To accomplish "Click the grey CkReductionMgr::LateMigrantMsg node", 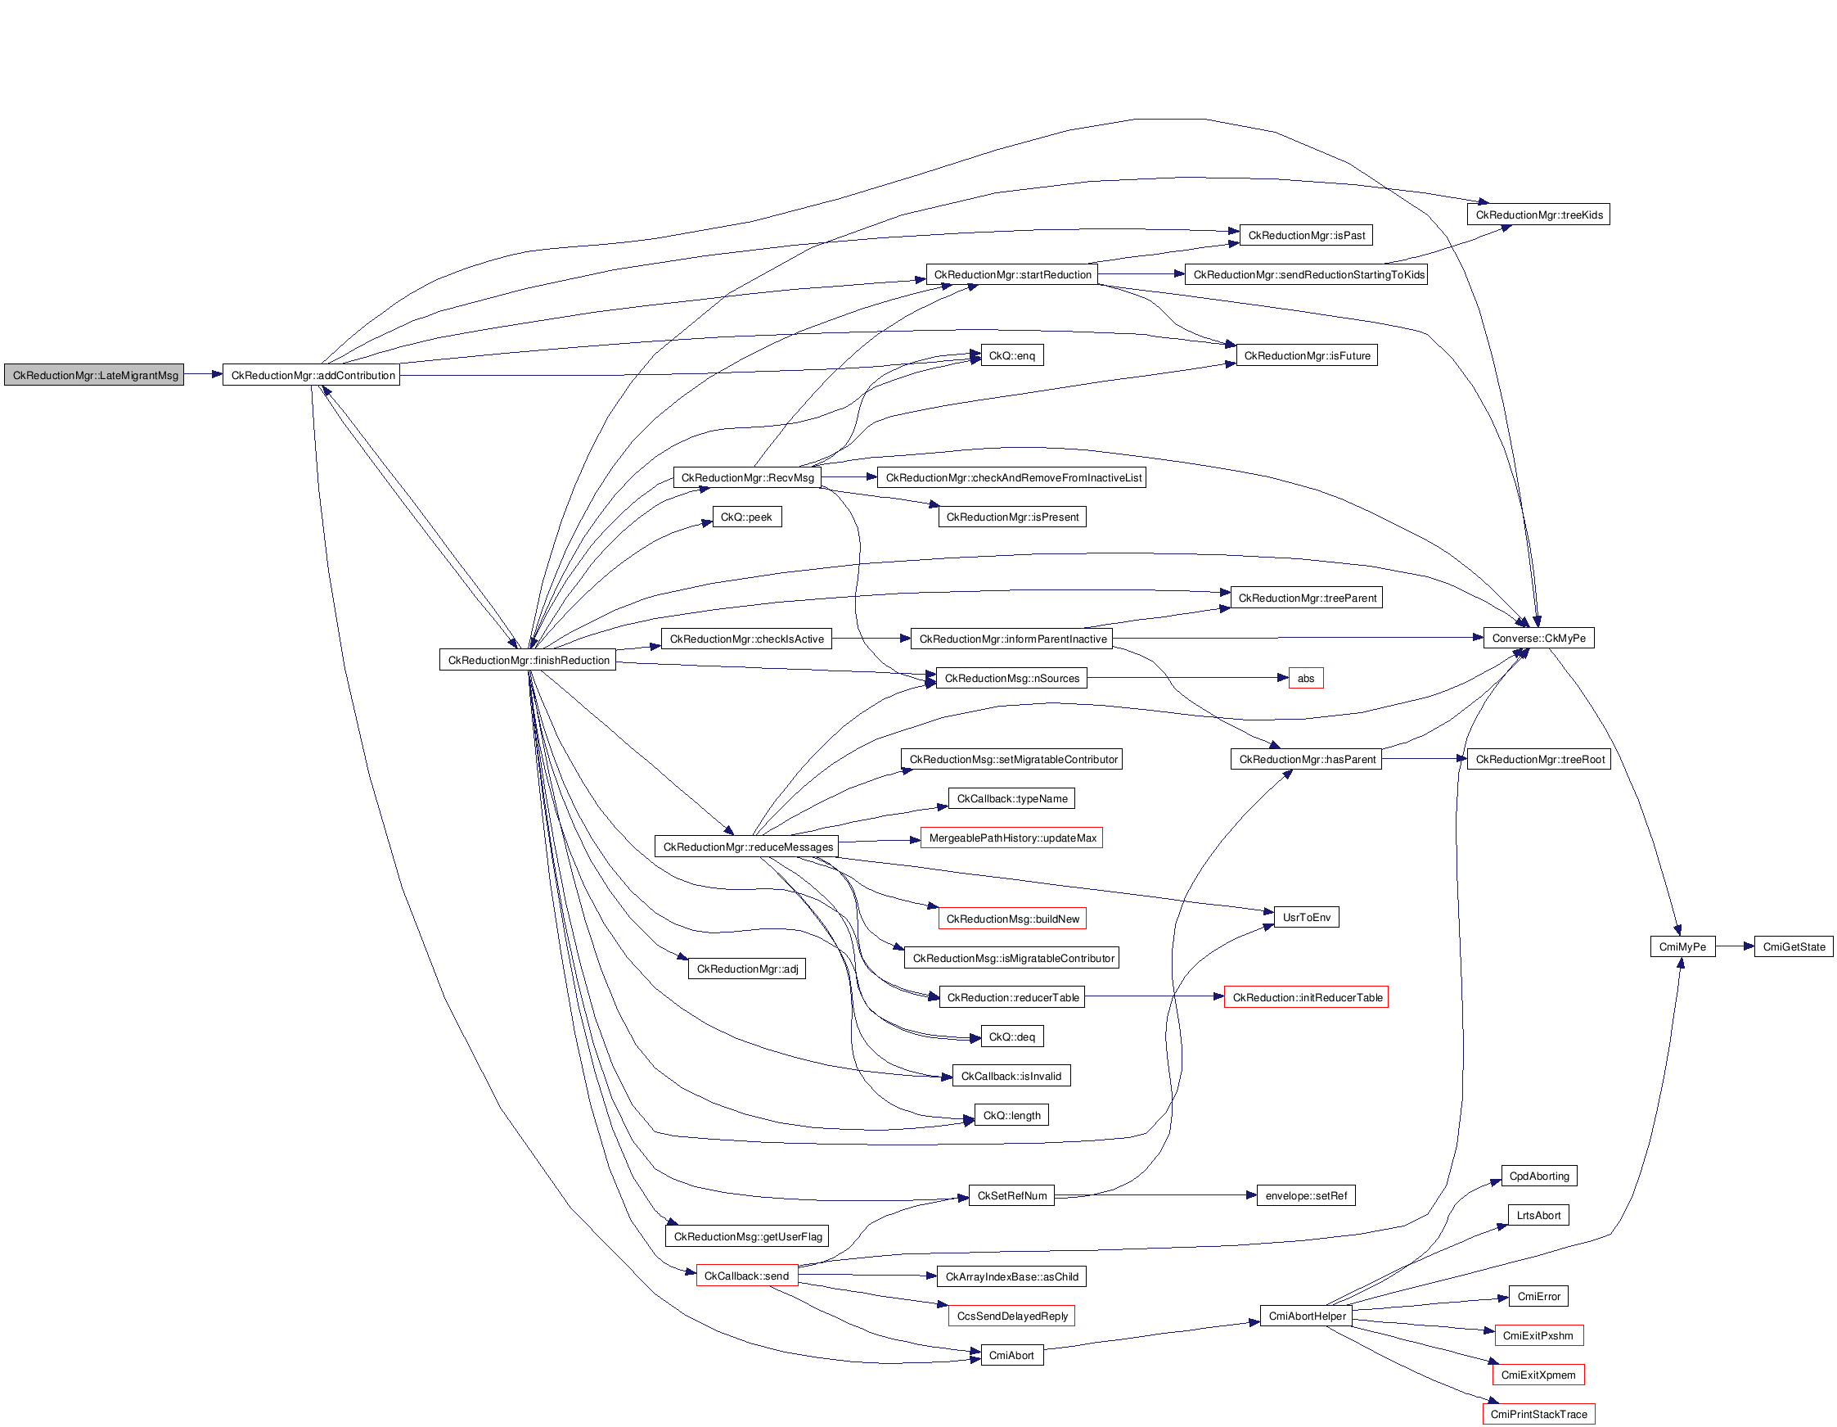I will pyautogui.click(x=94, y=375).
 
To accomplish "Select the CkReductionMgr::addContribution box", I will pyautogui.click(x=312, y=375).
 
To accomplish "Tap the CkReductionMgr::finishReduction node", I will pyautogui.click(x=528, y=661).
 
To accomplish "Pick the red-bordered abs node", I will pyautogui.click(x=1305, y=678).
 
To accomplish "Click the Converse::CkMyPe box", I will pyautogui.click(x=1538, y=639).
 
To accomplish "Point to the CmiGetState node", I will pyautogui.click(x=1794, y=946).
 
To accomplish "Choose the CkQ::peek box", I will pyautogui.click(x=746, y=517).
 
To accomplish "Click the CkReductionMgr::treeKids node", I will pyautogui.click(x=1538, y=215).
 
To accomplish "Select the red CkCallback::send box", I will pyautogui.click(x=746, y=1276).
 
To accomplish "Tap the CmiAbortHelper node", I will pyautogui.click(x=1306, y=1316).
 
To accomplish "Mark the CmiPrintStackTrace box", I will pyautogui.click(x=1538, y=1415).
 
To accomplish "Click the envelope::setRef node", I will pyautogui.click(x=1305, y=1195).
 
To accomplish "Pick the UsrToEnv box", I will pyautogui.click(x=1306, y=917).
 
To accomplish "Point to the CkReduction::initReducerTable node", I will pyautogui.click(x=1306, y=997).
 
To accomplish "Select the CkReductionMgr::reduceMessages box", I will pyautogui.click(x=747, y=847).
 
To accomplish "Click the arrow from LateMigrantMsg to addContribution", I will pyautogui.click(x=203, y=374).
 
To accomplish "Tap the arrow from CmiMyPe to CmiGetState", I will pyautogui.click(x=1735, y=946).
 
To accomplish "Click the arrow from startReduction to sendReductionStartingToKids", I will pyautogui.click(x=1141, y=274).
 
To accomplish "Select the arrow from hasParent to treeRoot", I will pyautogui.click(x=1424, y=759).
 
